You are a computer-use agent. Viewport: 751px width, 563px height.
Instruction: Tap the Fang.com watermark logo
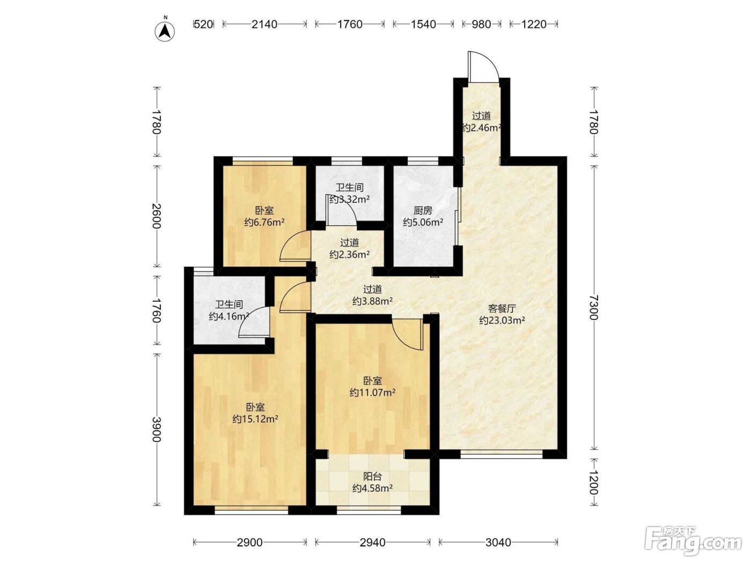(x=693, y=542)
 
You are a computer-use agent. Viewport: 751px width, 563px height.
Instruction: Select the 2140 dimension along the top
(x=264, y=24)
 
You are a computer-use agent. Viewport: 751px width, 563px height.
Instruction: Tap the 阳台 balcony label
(x=372, y=476)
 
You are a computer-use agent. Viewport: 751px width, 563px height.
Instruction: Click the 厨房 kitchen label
(x=423, y=210)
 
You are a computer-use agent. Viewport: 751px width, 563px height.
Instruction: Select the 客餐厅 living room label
(x=502, y=309)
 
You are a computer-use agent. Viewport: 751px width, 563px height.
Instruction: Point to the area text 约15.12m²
(x=255, y=419)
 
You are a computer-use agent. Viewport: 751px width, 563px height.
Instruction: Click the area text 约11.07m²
(x=372, y=392)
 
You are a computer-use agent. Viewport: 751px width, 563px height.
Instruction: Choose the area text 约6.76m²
(x=264, y=223)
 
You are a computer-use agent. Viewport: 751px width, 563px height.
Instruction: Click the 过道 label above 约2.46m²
(x=481, y=116)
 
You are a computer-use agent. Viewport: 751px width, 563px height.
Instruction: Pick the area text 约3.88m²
(x=372, y=301)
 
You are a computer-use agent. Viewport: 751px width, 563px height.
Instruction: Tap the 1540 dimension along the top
(x=423, y=24)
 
